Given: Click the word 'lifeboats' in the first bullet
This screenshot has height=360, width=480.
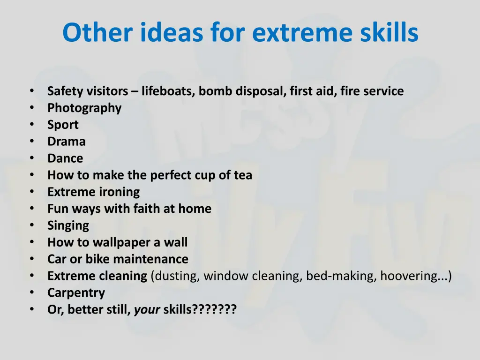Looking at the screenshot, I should click(168, 91).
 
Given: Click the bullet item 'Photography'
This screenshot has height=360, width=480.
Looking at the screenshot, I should click(84, 108).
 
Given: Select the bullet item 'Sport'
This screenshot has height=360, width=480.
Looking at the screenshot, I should click(63, 125).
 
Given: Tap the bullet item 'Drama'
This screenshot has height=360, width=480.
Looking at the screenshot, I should click(67, 142).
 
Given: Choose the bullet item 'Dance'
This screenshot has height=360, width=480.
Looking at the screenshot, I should click(65, 158).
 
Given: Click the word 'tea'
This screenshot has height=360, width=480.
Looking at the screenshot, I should click(243, 175).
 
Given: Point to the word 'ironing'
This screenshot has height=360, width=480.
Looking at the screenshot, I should click(119, 192).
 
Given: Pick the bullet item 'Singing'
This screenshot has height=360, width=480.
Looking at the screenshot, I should click(68, 225).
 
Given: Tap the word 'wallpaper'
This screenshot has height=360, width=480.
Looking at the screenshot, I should click(120, 242).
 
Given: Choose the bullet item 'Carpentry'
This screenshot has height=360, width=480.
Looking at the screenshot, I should click(76, 293).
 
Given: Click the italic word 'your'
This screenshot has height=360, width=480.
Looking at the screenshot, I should click(147, 310).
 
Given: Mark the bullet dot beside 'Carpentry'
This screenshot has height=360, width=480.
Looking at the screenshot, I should click(31, 292).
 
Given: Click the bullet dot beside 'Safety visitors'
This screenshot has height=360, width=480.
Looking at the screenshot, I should click(31, 90).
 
